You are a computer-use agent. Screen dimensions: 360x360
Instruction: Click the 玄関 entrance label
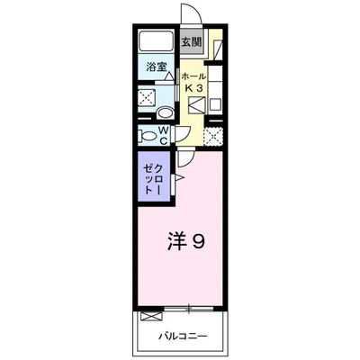click(190, 42)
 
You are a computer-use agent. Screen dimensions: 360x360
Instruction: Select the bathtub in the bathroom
click(157, 41)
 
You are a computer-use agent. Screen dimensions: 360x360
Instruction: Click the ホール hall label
click(197, 77)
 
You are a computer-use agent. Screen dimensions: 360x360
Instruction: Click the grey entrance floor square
click(191, 42)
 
